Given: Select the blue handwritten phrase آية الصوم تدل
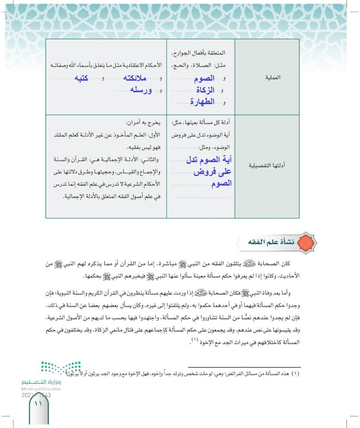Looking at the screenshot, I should [201, 160].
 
